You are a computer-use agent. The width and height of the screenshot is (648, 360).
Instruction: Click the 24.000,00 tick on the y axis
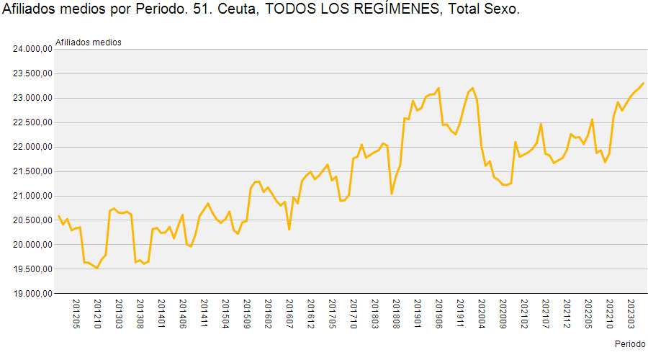click(x=32, y=49)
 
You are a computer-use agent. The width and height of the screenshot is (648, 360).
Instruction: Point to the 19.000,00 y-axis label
click(x=32, y=294)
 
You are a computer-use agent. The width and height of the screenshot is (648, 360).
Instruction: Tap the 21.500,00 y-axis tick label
click(x=32, y=171)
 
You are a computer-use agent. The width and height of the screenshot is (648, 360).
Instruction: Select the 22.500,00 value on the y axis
click(x=32, y=122)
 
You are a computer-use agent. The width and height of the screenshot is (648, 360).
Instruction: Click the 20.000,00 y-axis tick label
click(x=32, y=245)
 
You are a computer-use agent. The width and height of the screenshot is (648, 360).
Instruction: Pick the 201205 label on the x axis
click(x=76, y=314)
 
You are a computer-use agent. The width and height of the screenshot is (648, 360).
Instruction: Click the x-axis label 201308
click(x=140, y=314)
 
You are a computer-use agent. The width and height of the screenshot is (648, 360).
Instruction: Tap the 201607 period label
click(x=289, y=314)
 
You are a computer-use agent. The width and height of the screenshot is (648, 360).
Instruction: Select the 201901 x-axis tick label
click(x=418, y=314)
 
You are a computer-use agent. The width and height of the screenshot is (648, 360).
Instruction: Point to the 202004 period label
click(x=482, y=314)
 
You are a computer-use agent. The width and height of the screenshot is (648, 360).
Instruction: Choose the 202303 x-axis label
click(x=631, y=314)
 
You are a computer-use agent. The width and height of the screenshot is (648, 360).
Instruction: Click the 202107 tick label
click(x=546, y=314)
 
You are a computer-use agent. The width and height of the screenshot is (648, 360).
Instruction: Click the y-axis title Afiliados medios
click(x=89, y=42)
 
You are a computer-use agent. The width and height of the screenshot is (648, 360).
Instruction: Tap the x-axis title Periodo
click(x=630, y=344)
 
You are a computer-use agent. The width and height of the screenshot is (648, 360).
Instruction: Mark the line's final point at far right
click(x=644, y=83)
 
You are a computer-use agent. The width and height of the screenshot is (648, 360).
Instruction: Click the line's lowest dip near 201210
click(x=97, y=268)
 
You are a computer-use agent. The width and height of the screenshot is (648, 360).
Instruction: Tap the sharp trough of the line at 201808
click(x=392, y=194)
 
